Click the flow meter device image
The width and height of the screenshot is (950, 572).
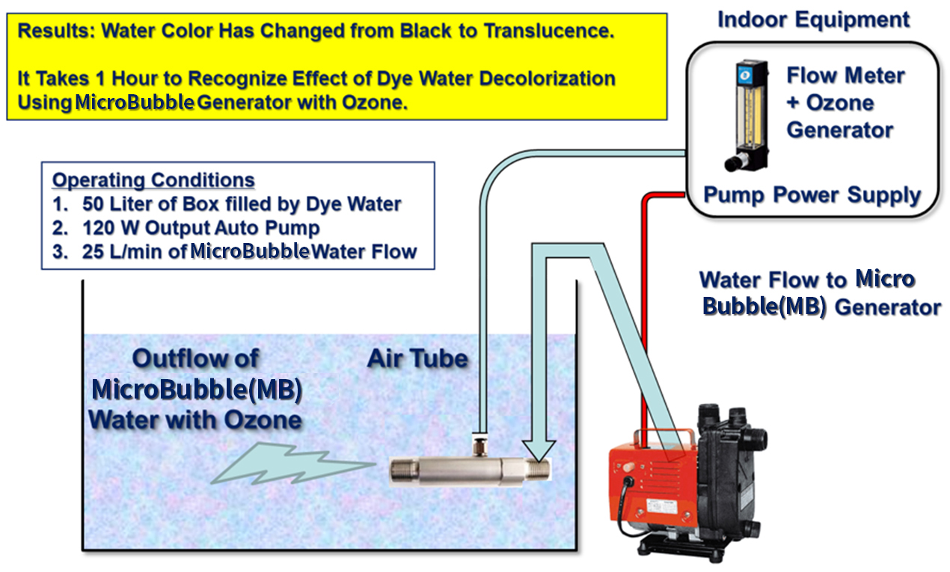coord(747,115)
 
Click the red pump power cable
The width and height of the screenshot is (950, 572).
coord(646,297)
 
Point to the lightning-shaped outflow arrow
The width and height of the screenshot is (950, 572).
coord(292,464)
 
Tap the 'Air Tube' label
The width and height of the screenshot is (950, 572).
coord(417,358)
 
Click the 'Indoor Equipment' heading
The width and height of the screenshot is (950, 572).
coord(813,20)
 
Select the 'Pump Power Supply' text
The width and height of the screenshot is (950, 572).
coord(812,195)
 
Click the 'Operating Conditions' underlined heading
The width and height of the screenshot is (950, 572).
coord(153,180)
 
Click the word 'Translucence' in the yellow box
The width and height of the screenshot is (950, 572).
coord(549,31)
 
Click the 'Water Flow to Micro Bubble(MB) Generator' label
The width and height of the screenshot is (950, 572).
coord(819,293)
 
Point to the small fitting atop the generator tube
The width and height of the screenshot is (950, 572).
coord(479,444)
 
